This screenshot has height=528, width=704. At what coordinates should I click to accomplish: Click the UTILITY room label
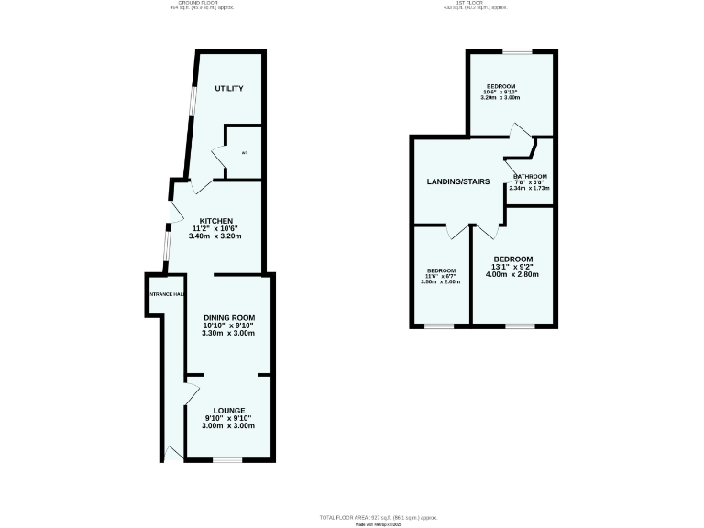click(x=228, y=88)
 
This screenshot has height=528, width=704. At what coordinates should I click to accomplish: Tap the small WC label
click(x=244, y=152)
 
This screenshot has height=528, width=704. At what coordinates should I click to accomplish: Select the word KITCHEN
click(x=216, y=221)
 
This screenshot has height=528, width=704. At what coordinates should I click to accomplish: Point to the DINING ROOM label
click(x=228, y=317)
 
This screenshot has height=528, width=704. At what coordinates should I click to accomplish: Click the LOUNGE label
click(x=228, y=410)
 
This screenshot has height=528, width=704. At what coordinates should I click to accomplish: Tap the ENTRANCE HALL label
click(x=165, y=294)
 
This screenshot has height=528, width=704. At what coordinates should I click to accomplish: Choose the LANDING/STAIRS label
click(x=458, y=181)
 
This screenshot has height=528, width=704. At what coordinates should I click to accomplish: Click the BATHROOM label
click(x=530, y=176)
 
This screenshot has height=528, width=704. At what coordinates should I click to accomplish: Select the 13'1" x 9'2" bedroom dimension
click(x=513, y=267)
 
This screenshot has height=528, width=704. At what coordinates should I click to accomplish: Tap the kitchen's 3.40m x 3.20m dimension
click(x=215, y=236)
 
